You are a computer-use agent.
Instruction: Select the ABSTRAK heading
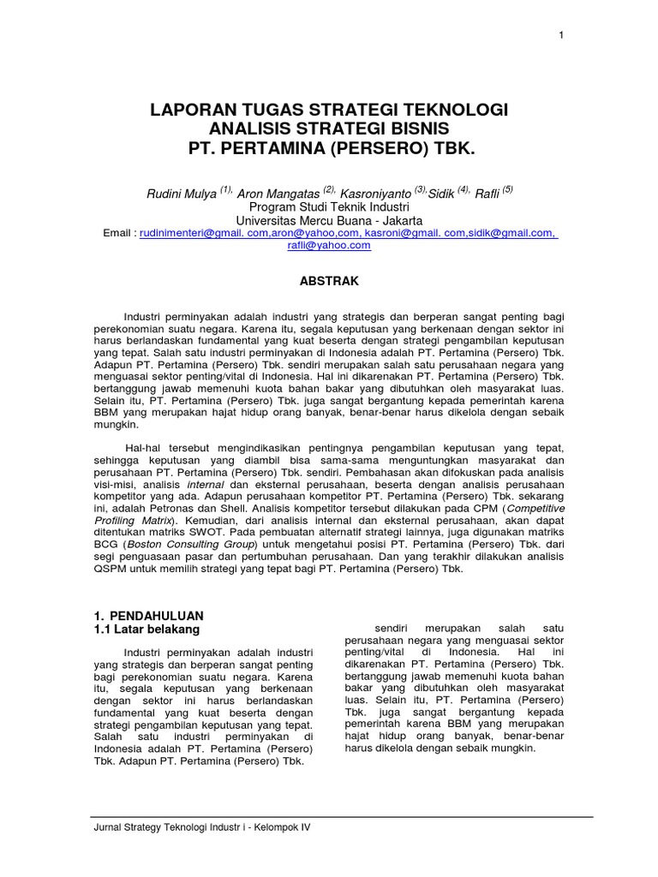click(329, 281)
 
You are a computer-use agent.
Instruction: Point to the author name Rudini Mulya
click(182, 194)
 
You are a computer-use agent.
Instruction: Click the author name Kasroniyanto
click(374, 194)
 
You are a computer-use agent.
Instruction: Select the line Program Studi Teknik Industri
click(329, 206)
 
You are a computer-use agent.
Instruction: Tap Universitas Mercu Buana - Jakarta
click(329, 219)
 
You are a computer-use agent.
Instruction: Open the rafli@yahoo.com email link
click(329, 245)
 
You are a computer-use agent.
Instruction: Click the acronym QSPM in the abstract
click(109, 569)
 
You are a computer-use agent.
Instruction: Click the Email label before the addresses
click(118, 232)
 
